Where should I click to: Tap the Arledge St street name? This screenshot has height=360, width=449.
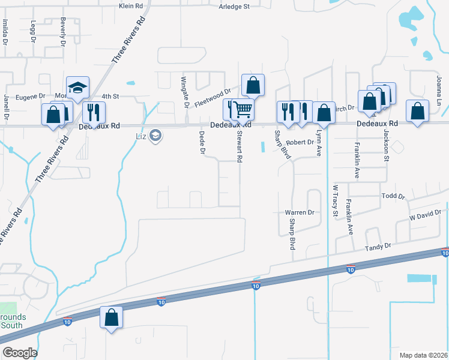[x=234, y=7]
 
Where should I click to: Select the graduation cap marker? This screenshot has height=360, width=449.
[x=77, y=88]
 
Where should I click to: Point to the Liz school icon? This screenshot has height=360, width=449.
[x=156, y=136]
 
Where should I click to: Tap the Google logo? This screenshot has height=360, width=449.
[x=19, y=353]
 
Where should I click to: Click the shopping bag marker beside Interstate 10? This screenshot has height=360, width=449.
[x=111, y=317]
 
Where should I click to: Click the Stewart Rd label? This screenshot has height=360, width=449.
[x=240, y=148]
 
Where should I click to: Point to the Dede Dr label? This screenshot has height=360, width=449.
[x=202, y=143]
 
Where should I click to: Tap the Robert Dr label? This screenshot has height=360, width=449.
[x=300, y=143]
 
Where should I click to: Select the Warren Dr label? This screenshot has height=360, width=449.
[x=300, y=212]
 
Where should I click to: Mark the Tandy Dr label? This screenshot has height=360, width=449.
[x=379, y=246]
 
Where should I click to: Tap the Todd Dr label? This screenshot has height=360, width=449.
[x=394, y=196]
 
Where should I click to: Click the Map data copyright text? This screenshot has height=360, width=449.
[x=423, y=355]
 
